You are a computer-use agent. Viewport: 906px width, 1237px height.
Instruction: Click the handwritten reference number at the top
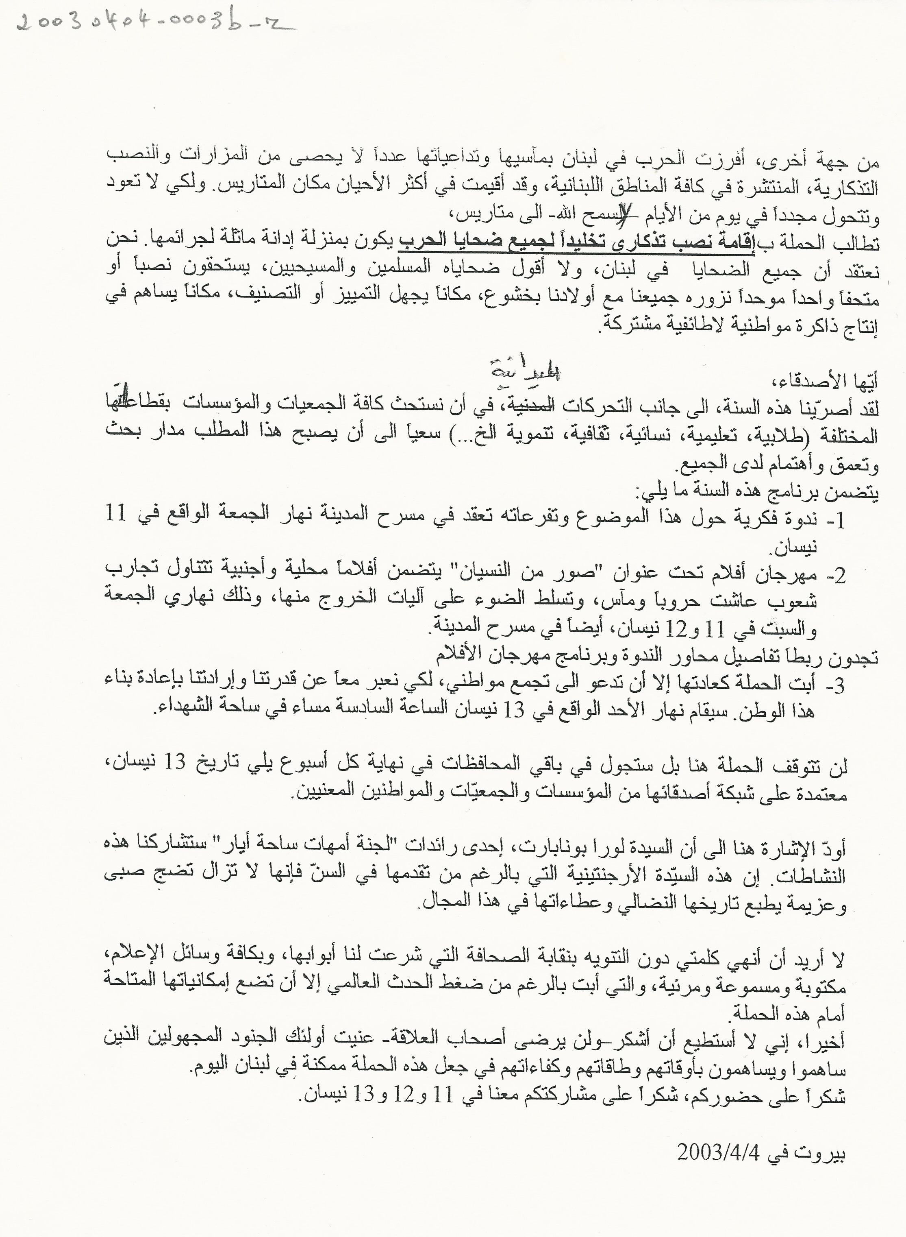tap(151, 23)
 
